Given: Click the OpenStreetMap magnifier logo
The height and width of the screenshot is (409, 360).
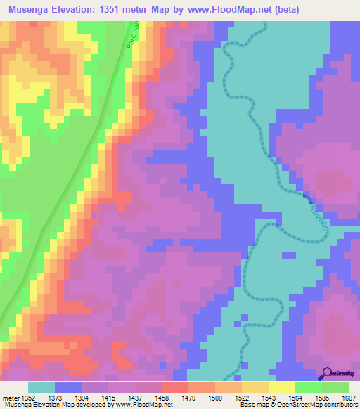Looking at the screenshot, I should coord(326,374).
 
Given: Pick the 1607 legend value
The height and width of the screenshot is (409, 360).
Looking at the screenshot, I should coord(349,398).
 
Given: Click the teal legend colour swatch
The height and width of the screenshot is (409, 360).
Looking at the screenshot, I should coord(41,387).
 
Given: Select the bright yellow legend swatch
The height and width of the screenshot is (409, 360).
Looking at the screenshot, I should coord(282,387).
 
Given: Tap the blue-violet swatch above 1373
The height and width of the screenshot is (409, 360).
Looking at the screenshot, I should coord(68,387).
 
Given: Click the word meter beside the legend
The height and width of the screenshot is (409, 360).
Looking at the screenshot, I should coord(11,398).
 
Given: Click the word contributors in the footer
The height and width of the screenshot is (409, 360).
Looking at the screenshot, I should coord(340,405).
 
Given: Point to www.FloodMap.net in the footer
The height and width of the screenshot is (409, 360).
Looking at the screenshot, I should coord(143,405).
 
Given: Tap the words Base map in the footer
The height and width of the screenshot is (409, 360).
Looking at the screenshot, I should coord(249,405).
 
